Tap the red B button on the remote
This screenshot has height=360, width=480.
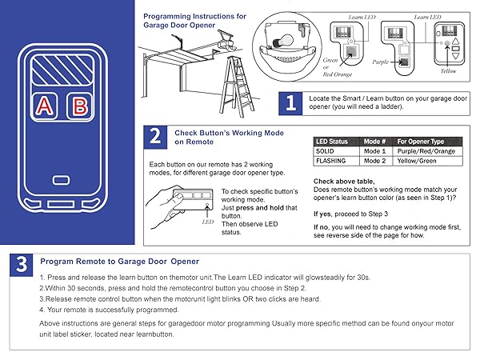click(78, 106)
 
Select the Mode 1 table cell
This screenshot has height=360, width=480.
click(374, 150)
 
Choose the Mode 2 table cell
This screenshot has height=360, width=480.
click(374, 160)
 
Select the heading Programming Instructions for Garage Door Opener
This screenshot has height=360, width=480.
click(194, 20)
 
